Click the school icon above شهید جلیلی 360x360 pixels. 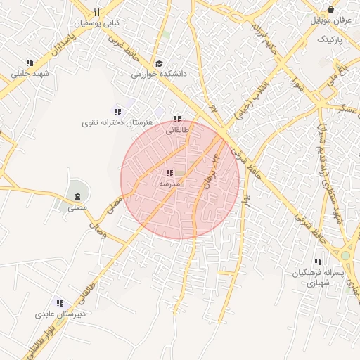pyautogui.click(x=29, y=63)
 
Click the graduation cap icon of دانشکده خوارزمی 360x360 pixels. pyautogui.click(x=158, y=63)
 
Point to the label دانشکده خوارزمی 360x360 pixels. pyautogui.click(x=157, y=73)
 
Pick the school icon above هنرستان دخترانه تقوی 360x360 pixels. pyautogui.click(x=117, y=112)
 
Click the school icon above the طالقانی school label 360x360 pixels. pyautogui.click(x=176, y=120)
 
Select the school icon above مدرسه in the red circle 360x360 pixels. pyautogui.click(x=169, y=173)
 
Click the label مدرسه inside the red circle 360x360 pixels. pyautogui.click(x=170, y=184)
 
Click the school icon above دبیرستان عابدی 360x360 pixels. pyautogui.click(x=60, y=303)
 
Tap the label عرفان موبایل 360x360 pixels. pyautogui.click(x=330, y=22)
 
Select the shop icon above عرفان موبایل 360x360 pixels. pyautogui.click(x=330, y=11)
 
